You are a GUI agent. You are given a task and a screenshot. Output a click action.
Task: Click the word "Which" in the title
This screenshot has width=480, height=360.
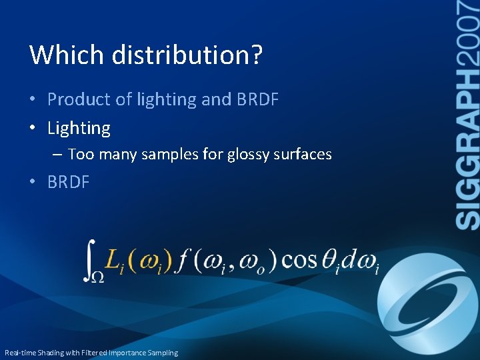(x=67, y=55)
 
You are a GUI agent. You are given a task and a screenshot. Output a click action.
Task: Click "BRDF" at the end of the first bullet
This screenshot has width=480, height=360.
(x=257, y=100)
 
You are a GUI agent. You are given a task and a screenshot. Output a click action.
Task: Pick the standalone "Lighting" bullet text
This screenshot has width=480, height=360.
(x=79, y=128)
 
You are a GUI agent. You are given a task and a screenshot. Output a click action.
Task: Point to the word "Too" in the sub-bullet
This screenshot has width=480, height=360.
(x=81, y=155)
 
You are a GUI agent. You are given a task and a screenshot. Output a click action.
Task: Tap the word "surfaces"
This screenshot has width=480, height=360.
(x=304, y=155)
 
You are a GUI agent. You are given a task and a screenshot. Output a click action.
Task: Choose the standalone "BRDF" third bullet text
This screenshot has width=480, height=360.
(x=68, y=183)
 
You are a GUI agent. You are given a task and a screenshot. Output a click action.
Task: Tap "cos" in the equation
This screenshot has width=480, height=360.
(x=299, y=259)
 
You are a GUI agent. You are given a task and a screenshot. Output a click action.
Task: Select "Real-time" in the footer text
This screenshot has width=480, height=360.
(x=21, y=353)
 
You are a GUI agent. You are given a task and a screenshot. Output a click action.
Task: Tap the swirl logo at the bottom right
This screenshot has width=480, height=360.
(x=427, y=300)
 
